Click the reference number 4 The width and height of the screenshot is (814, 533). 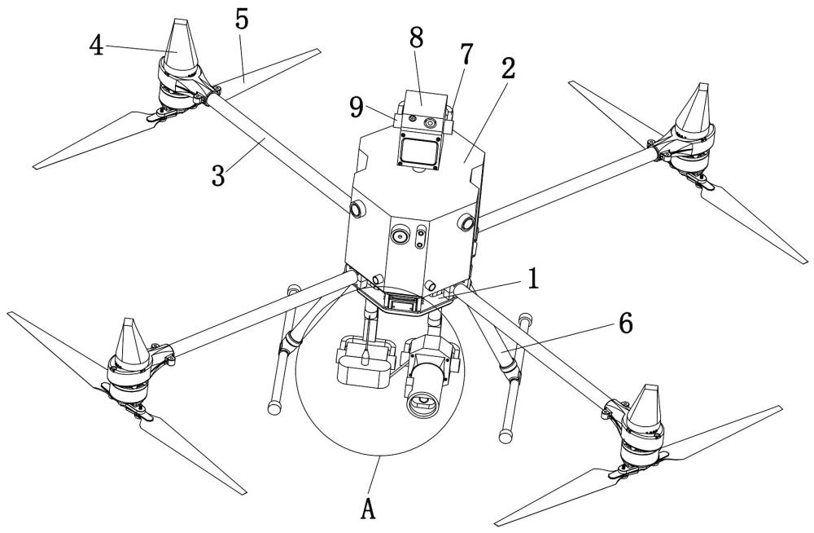click(96, 46)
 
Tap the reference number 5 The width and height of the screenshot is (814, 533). click(242, 19)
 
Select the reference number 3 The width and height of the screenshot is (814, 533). click(218, 176)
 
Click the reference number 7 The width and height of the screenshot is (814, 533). click(466, 54)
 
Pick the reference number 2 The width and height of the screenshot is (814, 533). click(508, 68)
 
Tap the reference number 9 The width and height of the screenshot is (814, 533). click(357, 108)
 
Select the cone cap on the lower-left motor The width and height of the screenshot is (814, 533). click(129, 343)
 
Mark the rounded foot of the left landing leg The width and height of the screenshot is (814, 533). click(274, 407)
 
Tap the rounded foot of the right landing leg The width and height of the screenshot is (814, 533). click(505, 435)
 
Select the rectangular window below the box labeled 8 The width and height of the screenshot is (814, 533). click(419, 152)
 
